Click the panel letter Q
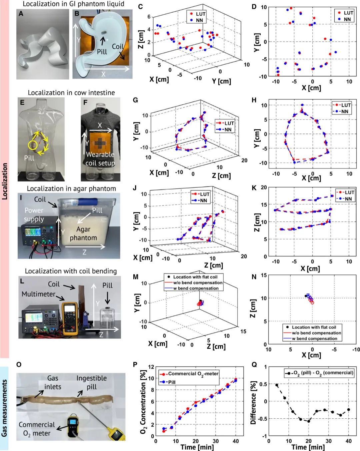pos(254,365)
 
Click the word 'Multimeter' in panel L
pos(38,294)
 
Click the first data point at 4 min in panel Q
pos(277,385)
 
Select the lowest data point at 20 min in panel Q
pos(309,421)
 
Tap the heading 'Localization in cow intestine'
pos(71,93)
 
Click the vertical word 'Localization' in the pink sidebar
pos(5,181)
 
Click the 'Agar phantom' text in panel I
pos(83,233)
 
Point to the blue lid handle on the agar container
pos(88,202)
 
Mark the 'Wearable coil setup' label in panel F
pos(100,159)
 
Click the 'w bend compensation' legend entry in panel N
pos(314,339)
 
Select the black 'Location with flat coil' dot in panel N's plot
pos(306,296)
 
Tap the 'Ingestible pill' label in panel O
pos(92,382)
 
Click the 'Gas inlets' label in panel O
pos(53,382)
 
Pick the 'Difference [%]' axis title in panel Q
pos(253,402)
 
